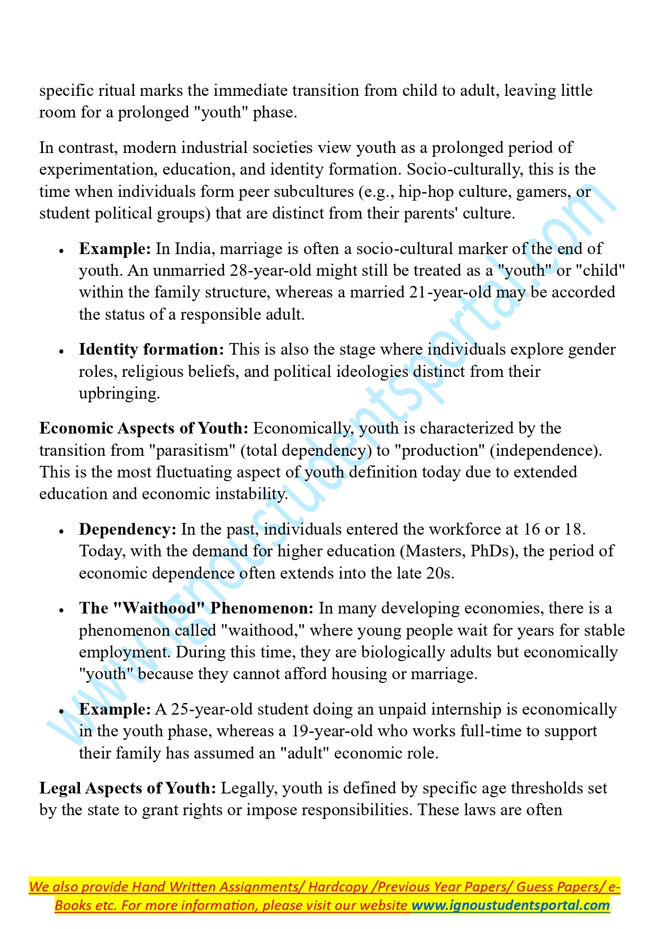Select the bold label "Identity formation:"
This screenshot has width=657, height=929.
[152, 349]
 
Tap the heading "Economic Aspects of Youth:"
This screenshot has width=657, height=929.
[144, 428]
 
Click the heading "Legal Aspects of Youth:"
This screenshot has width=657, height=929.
[128, 788]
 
